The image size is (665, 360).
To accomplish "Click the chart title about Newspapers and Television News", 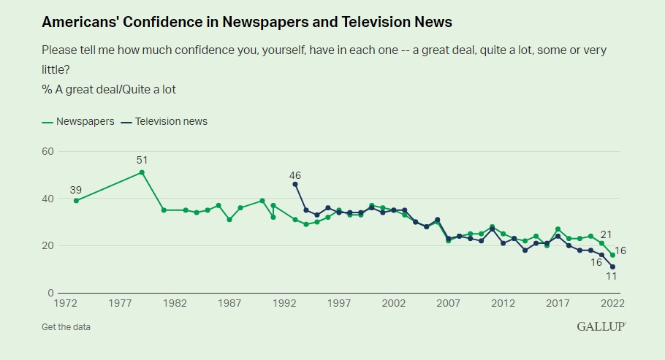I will [x=247, y=23].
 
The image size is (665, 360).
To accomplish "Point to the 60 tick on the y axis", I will [x=48, y=151].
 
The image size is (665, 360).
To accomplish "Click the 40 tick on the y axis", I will [x=48, y=199].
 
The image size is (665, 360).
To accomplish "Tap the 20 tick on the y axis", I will [x=48, y=246].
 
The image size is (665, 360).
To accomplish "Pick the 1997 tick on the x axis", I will [x=338, y=303].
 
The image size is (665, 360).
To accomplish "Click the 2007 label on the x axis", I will [x=448, y=303].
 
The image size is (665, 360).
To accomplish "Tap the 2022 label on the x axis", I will [x=612, y=303].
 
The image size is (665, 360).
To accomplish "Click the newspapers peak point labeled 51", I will [x=142, y=172].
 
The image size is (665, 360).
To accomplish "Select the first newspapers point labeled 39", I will [x=76, y=201].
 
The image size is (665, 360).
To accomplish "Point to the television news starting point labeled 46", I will [x=295, y=184].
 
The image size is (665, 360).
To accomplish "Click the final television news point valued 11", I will [x=612, y=267].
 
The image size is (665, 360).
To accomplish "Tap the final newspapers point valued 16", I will [x=612, y=255].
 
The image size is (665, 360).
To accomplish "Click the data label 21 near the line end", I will [x=605, y=234].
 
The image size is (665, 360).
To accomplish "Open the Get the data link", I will [x=66, y=326].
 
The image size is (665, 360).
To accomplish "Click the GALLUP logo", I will [x=601, y=326].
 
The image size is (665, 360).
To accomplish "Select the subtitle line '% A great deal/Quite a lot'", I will [x=109, y=89].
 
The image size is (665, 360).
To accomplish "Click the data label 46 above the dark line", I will [x=295, y=175].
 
